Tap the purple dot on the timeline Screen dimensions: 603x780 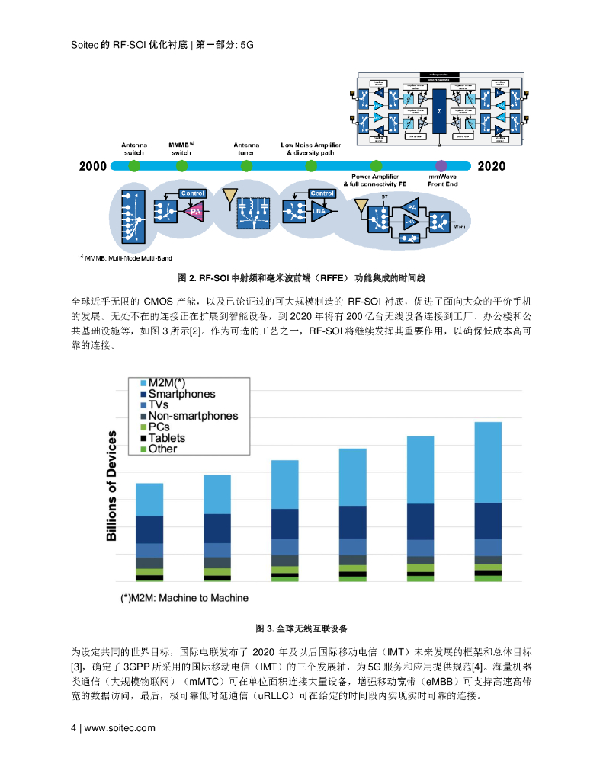point(440,166)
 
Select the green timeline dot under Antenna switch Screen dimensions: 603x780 point(133,166)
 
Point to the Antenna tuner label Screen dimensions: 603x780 point(245,148)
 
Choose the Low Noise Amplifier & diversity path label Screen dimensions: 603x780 point(311,148)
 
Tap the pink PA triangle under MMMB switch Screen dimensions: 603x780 point(194,212)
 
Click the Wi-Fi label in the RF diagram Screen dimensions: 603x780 point(460,226)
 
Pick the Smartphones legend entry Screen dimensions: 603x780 point(181,394)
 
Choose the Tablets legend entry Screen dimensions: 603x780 point(166,438)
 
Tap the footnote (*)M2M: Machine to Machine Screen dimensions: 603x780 point(184,598)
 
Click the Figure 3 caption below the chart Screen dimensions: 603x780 point(301,628)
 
